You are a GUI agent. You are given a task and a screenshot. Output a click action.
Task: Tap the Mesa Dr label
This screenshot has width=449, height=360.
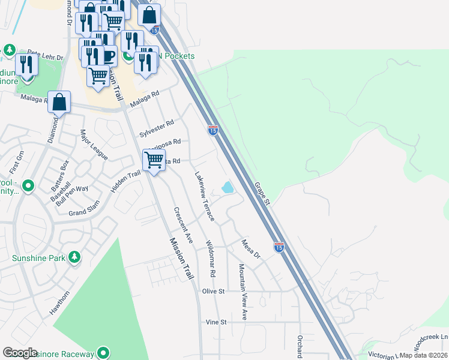click(x=250, y=249)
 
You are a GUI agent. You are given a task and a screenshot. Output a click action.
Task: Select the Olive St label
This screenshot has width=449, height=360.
click(x=213, y=291)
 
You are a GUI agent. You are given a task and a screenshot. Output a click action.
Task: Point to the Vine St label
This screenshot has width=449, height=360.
click(x=215, y=322)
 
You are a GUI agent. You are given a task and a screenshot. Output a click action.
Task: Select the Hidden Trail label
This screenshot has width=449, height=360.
click(x=125, y=182)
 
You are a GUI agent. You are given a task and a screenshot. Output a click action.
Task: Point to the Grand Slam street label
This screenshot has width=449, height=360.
click(x=83, y=212)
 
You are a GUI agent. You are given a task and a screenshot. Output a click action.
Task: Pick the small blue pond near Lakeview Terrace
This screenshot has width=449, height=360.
click(x=228, y=188)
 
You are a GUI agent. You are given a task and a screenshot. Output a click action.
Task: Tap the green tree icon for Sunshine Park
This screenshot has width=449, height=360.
click(x=74, y=258)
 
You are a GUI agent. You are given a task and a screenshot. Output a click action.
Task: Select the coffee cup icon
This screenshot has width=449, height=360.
click(x=108, y=56)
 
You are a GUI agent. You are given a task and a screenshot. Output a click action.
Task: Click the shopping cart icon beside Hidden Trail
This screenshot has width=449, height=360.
click(x=154, y=160)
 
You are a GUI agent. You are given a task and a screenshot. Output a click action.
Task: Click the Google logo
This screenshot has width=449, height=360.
click(x=20, y=353)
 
